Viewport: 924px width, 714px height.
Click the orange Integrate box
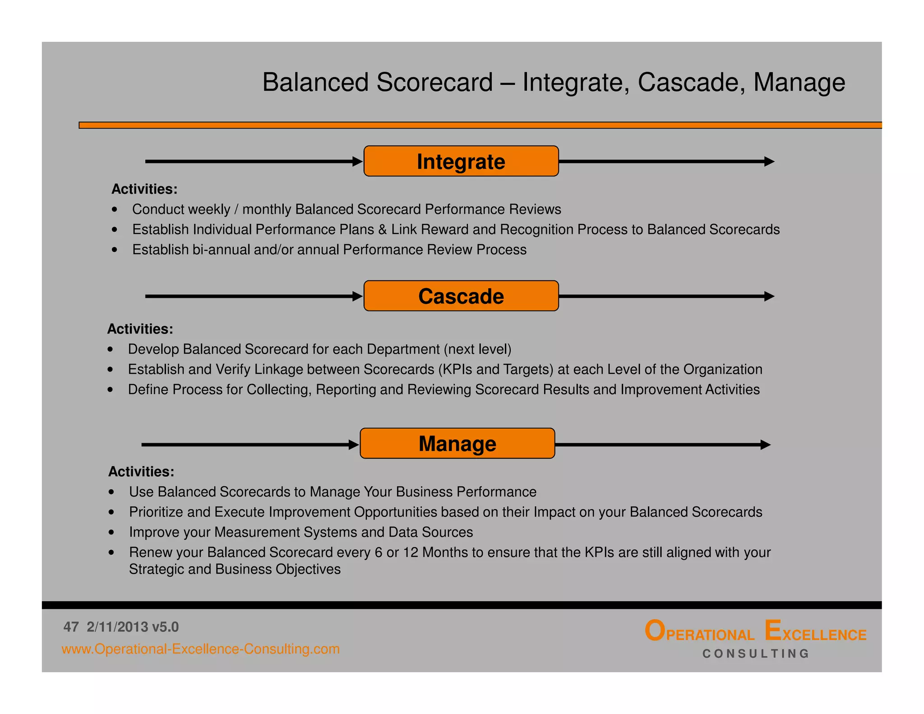tap(461, 161)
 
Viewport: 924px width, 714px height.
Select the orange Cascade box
tap(461, 296)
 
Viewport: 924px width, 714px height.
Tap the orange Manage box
tap(457, 444)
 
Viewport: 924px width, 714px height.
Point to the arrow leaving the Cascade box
tap(666, 296)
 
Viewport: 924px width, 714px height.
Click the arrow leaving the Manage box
tap(662, 445)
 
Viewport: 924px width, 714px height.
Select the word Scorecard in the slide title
tap(434, 83)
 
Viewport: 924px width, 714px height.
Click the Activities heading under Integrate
tap(144, 189)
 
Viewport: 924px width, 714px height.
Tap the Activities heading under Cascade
tap(140, 329)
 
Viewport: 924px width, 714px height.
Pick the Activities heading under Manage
tap(141, 472)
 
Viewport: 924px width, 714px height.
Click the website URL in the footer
tap(200, 649)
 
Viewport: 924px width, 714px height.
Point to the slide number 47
tap(71, 627)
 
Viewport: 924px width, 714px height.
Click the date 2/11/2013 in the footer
tap(117, 627)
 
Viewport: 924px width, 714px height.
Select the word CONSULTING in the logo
tap(756, 654)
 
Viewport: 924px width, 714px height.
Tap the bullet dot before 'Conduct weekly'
tap(115, 209)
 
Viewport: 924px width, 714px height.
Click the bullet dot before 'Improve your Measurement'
tap(111, 533)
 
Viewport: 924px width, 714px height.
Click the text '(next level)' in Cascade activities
tap(477, 349)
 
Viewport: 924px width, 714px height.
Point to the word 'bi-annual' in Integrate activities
tap(221, 250)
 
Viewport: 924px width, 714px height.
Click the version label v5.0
tap(165, 627)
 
